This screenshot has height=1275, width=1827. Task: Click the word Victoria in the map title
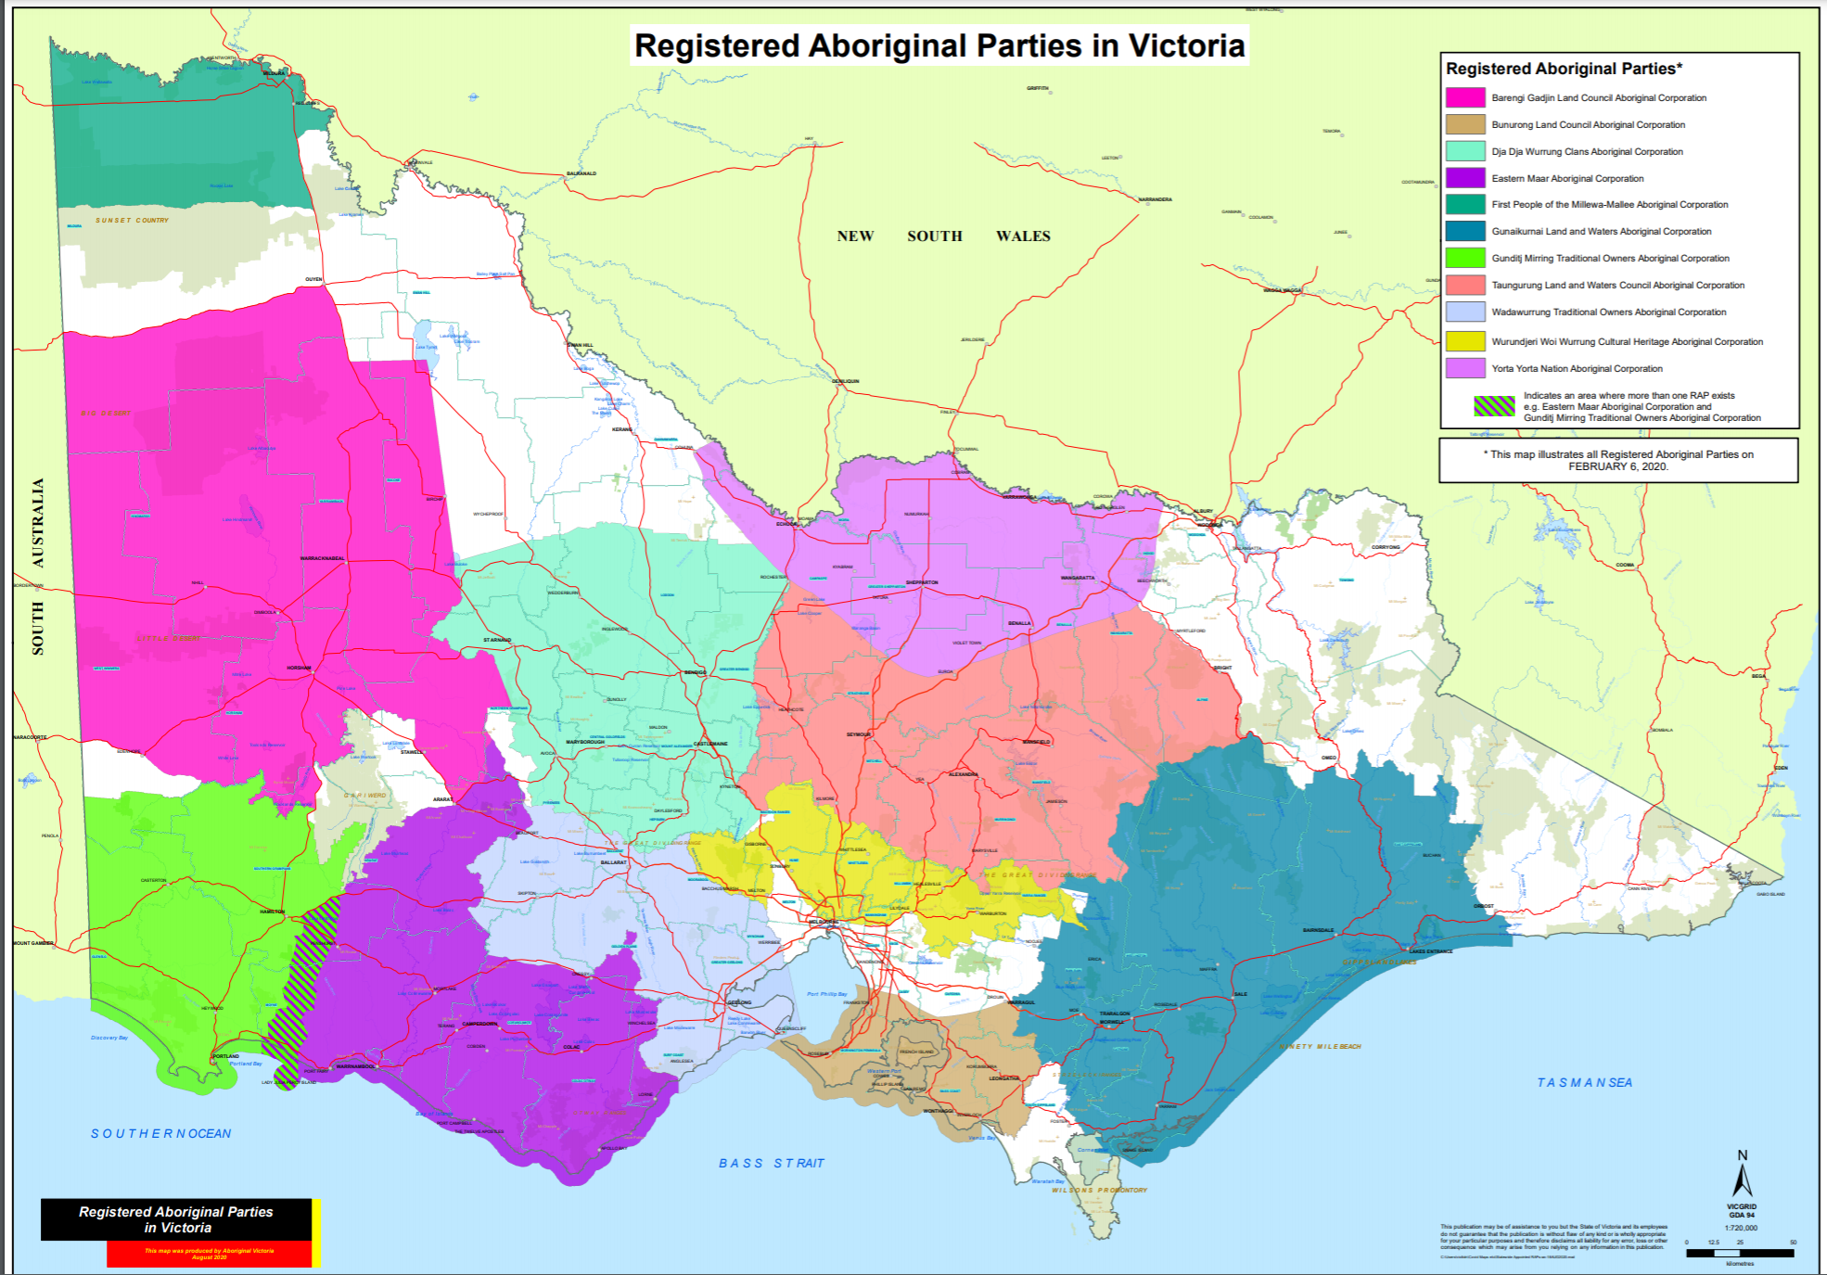[1186, 45]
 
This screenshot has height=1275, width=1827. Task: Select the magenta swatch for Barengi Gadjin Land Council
[1464, 97]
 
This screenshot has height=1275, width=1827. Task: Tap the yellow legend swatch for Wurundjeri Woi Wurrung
[1464, 341]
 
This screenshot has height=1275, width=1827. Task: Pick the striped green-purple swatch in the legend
[1494, 406]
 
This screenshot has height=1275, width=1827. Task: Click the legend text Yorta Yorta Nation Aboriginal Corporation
[1577, 368]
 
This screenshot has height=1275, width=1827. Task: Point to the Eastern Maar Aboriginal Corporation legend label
[1567, 178]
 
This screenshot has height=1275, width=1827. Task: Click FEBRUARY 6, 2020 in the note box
[1617, 466]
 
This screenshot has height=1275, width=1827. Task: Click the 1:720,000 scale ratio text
[1741, 1228]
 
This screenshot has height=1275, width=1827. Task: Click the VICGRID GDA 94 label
[1742, 1210]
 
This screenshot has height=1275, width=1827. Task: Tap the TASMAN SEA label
[1584, 1082]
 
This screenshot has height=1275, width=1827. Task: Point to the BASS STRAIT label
[771, 1163]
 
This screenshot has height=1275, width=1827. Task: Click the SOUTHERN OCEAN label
[160, 1133]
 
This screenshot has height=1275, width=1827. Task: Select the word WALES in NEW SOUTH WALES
[1023, 236]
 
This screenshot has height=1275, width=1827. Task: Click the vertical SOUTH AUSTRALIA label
[38, 566]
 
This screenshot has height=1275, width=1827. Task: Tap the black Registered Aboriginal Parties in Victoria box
[176, 1219]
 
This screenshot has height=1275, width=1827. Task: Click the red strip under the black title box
[209, 1254]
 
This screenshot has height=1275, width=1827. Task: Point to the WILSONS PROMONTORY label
[1099, 1190]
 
